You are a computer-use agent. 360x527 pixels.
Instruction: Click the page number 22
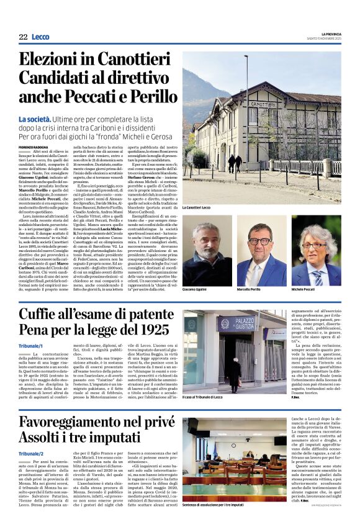[x=23, y=37]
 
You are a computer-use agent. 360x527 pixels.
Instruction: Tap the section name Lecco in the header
[x=40, y=37]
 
